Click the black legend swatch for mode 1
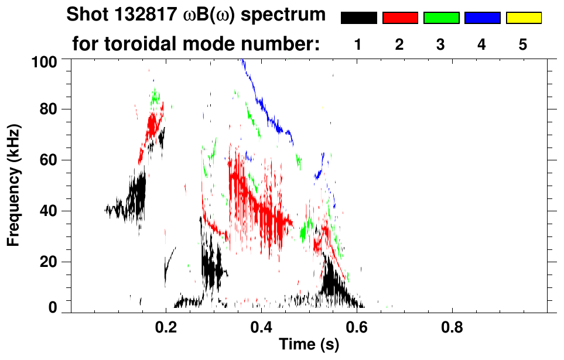click(358, 18)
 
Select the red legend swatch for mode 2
click(400, 18)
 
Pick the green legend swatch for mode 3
click(441, 18)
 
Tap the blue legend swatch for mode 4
click(482, 18)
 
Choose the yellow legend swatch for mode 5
click(524, 18)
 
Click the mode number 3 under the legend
click(441, 44)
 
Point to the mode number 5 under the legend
click(524, 44)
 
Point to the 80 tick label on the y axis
click(50, 109)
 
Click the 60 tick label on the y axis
click(50, 160)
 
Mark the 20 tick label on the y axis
click(50, 262)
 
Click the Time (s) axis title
click(308, 345)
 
